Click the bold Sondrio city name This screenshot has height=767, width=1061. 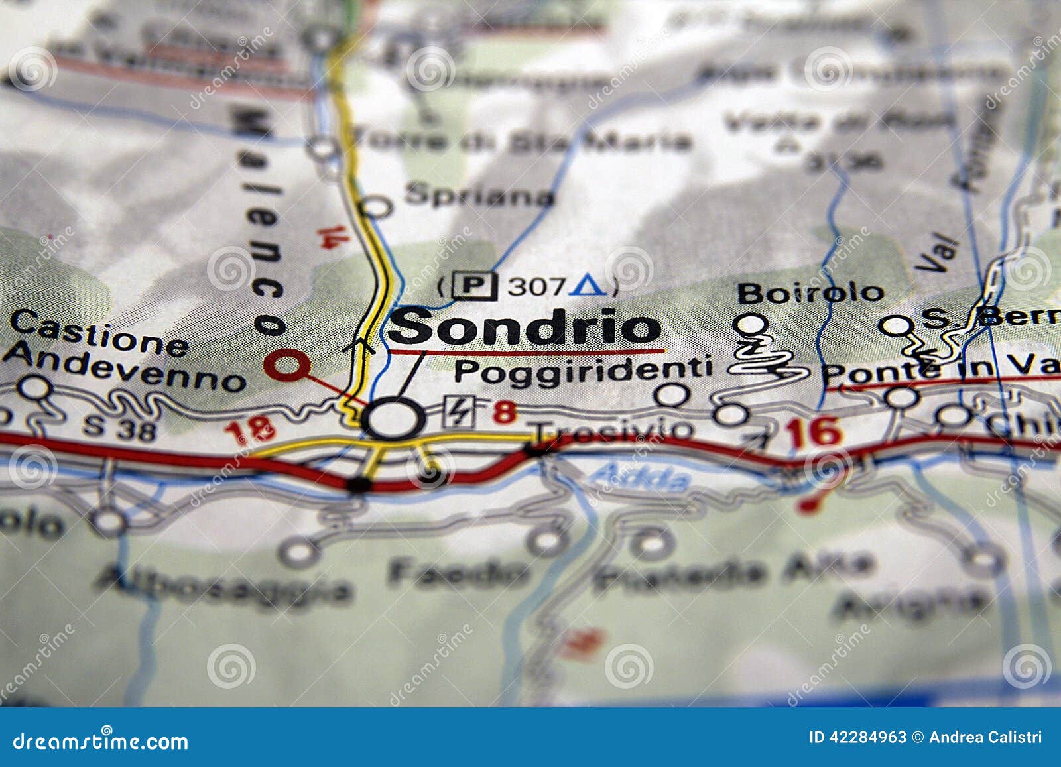tap(524, 327)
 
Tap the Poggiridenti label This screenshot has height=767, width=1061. tap(583, 370)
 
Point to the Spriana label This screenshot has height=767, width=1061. tap(479, 195)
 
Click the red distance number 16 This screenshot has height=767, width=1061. tap(814, 433)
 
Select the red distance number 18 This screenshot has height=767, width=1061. tap(249, 431)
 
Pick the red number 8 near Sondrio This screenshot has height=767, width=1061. tap(504, 412)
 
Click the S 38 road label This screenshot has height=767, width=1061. tap(119, 428)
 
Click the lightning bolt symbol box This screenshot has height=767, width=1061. tap(459, 412)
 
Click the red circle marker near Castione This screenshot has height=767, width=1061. tap(286, 364)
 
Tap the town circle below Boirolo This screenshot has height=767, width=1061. tap(751, 324)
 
